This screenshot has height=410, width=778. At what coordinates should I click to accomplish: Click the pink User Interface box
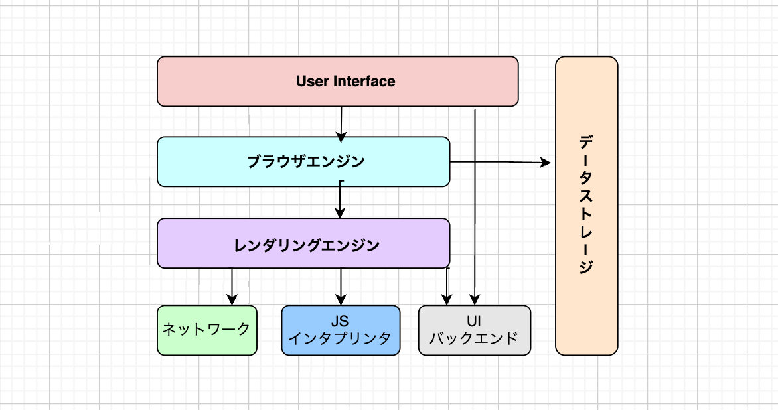(x=337, y=82)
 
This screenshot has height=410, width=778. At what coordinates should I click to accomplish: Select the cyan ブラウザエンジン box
(x=303, y=162)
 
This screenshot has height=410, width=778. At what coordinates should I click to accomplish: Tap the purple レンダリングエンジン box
(x=303, y=243)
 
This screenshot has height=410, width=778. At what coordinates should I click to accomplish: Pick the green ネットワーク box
(x=207, y=330)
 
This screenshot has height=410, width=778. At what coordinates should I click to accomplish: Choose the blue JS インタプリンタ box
(x=341, y=330)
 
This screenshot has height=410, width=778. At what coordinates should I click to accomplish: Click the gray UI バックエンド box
(x=475, y=330)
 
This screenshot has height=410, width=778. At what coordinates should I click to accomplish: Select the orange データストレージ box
(x=586, y=206)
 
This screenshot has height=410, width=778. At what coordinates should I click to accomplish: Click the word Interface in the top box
(x=364, y=82)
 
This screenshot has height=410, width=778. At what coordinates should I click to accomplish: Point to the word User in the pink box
(x=313, y=82)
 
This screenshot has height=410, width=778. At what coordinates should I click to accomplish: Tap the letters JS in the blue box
(x=340, y=321)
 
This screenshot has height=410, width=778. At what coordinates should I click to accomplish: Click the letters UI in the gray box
(x=474, y=321)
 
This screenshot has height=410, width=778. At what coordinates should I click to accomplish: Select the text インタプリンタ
(x=340, y=338)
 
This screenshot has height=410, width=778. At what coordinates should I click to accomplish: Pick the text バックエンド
(x=474, y=338)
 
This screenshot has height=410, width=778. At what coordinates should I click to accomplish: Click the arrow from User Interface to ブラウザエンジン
(x=341, y=125)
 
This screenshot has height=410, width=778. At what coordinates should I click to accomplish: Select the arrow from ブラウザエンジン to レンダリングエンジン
(x=340, y=199)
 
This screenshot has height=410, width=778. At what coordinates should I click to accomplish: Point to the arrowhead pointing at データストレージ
(x=545, y=162)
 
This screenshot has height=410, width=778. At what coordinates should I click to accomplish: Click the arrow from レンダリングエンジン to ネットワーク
(x=232, y=287)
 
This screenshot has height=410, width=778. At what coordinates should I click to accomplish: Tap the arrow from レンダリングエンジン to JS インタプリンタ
(x=341, y=287)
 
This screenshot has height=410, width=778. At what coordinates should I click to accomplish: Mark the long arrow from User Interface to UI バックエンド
(x=475, y=207)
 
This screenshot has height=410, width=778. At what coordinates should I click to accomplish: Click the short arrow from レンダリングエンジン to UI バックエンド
(x=447, y=287)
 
